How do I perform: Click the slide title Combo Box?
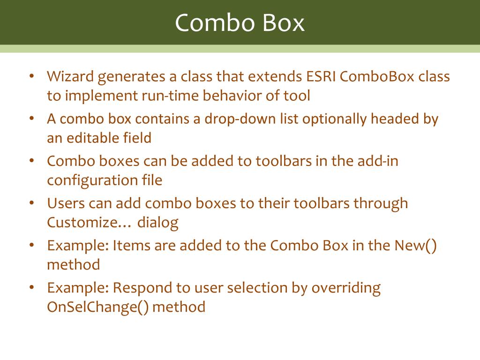(240, 22)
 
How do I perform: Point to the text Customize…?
(89, 222)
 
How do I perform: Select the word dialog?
(158, 222)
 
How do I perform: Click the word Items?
(128, 245)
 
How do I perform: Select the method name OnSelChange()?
(97, 307)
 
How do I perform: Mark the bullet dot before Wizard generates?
(31, 76)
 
